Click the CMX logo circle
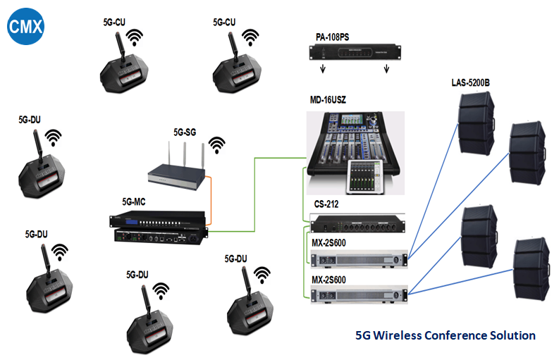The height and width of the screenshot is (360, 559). tap(26, 27)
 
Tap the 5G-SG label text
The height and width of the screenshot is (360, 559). tap(185, 132)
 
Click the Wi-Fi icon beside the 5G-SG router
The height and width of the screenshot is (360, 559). tap(217, 144)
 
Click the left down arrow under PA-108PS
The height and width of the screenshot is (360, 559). tap(323, 69)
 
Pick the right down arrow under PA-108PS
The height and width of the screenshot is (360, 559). tap(386, 69)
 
